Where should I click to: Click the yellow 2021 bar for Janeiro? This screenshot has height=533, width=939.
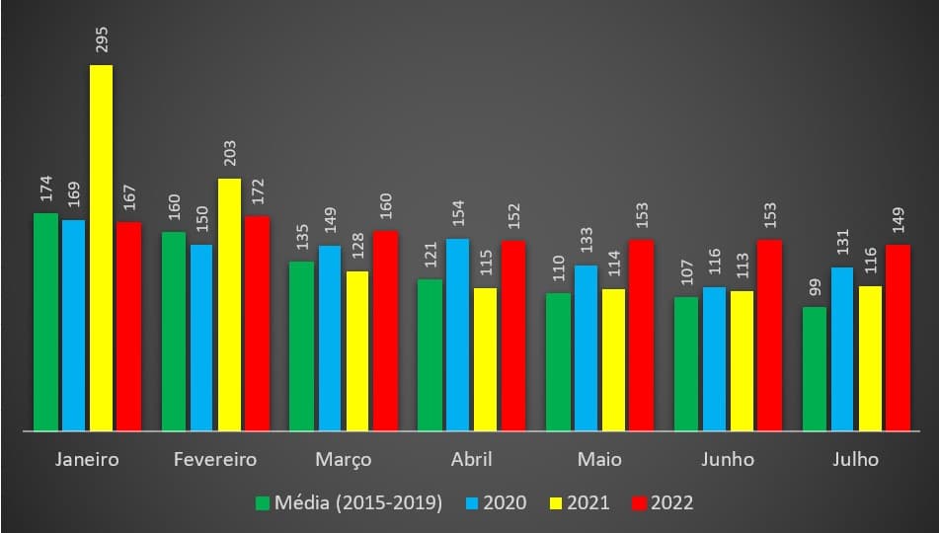coord(101,247)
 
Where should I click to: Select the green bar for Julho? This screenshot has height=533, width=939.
coord(815,368)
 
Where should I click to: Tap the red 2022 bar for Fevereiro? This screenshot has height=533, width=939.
coord(257,323)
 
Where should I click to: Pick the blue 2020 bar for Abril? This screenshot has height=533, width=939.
coord(458,334)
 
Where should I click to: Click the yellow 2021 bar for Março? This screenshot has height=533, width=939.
coord(356,350)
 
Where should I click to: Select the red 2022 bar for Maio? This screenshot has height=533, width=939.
coord(642,335)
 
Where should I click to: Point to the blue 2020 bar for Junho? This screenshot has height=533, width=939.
coord(714,358)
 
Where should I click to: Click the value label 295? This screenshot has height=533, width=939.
coord(102,39)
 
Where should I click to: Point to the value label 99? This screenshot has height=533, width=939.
coord(815,288)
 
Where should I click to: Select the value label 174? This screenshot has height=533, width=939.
coord(45,189)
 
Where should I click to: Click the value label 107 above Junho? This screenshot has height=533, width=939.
coord(686,273)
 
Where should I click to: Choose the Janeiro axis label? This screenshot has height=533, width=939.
coord(87,460)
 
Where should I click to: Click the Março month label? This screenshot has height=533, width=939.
coord(344,460)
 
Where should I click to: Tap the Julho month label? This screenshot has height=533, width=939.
coord(855,460)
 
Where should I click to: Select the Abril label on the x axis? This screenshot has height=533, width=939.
coord(471,460)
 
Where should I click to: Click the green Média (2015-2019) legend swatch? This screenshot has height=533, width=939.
coord(263,503)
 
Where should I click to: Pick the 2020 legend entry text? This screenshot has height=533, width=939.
coord(507,502)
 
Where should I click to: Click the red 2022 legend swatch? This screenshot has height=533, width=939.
coord(639,503)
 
